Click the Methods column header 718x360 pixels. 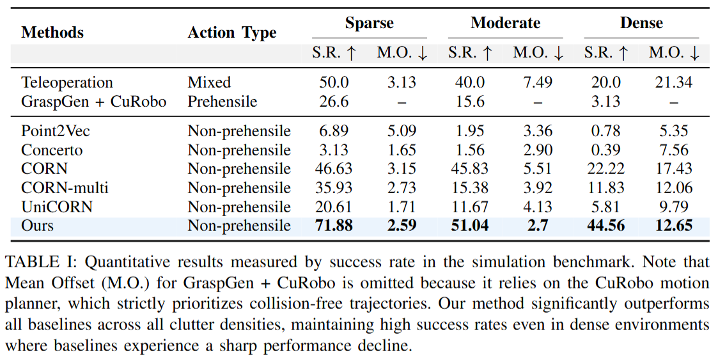point(52,33)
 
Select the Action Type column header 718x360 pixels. point(232,33)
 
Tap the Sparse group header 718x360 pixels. point(369,24)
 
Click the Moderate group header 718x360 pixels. point(505,24)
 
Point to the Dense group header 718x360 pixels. point(641,24)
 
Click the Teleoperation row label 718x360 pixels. point(67,82)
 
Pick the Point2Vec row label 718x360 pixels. point(56,131)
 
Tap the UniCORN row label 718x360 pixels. point(57,207)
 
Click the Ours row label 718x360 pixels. point(38,226)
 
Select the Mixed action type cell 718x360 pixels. point(209,82)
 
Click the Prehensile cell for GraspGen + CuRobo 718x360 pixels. point(222,101)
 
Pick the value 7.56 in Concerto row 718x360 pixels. point(675,150)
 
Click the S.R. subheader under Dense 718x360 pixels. point(606,54)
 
